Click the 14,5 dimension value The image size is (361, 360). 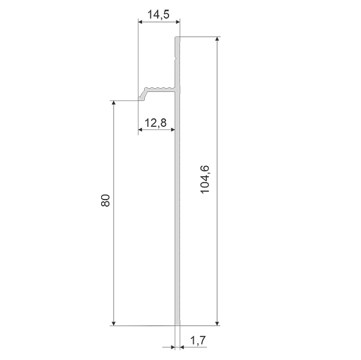click(x=158, y=14)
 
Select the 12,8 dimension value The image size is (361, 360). click(x=155, y=123)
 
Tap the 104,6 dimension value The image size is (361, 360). click(x=205, y=180)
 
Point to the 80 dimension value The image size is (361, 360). click(x=105, y=200)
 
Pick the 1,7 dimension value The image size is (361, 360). click(x=198, y=340)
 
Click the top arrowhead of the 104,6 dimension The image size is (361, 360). click(x=217, y=40)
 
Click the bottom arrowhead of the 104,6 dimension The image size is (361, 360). click(x=217, y=323)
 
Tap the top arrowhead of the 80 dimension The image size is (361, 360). click(x=113, y=103)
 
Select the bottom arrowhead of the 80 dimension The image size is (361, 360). click(x=113, y=323)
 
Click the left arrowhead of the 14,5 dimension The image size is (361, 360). click(x=141, y=22)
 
